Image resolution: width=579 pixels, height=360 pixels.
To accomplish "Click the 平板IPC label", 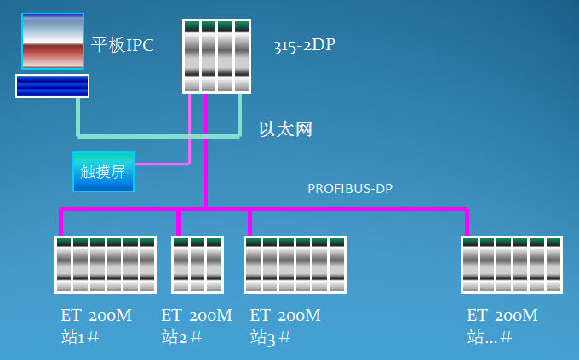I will [123, 45].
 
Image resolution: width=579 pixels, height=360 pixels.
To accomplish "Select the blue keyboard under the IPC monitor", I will [52, 85].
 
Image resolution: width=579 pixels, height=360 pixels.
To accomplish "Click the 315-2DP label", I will [304, 45].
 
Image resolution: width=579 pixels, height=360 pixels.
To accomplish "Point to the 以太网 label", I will [286, 129].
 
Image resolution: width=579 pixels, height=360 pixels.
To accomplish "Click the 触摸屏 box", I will [103, 171].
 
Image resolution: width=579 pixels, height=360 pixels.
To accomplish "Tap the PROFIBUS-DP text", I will [350, 188].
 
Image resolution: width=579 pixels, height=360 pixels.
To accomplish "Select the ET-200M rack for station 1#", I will [106, 265].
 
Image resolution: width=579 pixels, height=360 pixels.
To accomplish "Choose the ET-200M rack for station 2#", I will [198, 265].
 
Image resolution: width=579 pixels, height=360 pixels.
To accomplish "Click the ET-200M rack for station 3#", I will [295, 265].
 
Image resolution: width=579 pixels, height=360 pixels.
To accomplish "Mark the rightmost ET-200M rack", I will [512, 265].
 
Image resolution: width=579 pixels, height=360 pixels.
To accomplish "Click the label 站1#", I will [81, 337].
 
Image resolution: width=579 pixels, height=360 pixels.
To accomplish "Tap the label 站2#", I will [181, 337].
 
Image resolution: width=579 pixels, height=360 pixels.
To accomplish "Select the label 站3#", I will [271, 337].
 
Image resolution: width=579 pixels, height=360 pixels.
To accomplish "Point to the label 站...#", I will [490, 337].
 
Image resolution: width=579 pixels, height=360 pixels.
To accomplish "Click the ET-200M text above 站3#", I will [285, 316].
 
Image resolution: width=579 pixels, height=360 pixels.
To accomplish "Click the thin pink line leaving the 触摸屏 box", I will [162, 163].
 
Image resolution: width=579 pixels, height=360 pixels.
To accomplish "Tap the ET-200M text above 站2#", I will [197, 316].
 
